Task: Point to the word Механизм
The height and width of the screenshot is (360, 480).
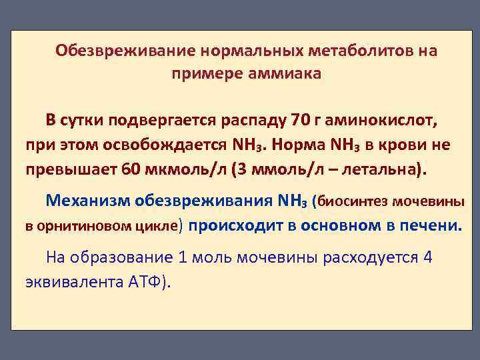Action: [87, 199]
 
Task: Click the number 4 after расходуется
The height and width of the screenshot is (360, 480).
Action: [428, 257]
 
